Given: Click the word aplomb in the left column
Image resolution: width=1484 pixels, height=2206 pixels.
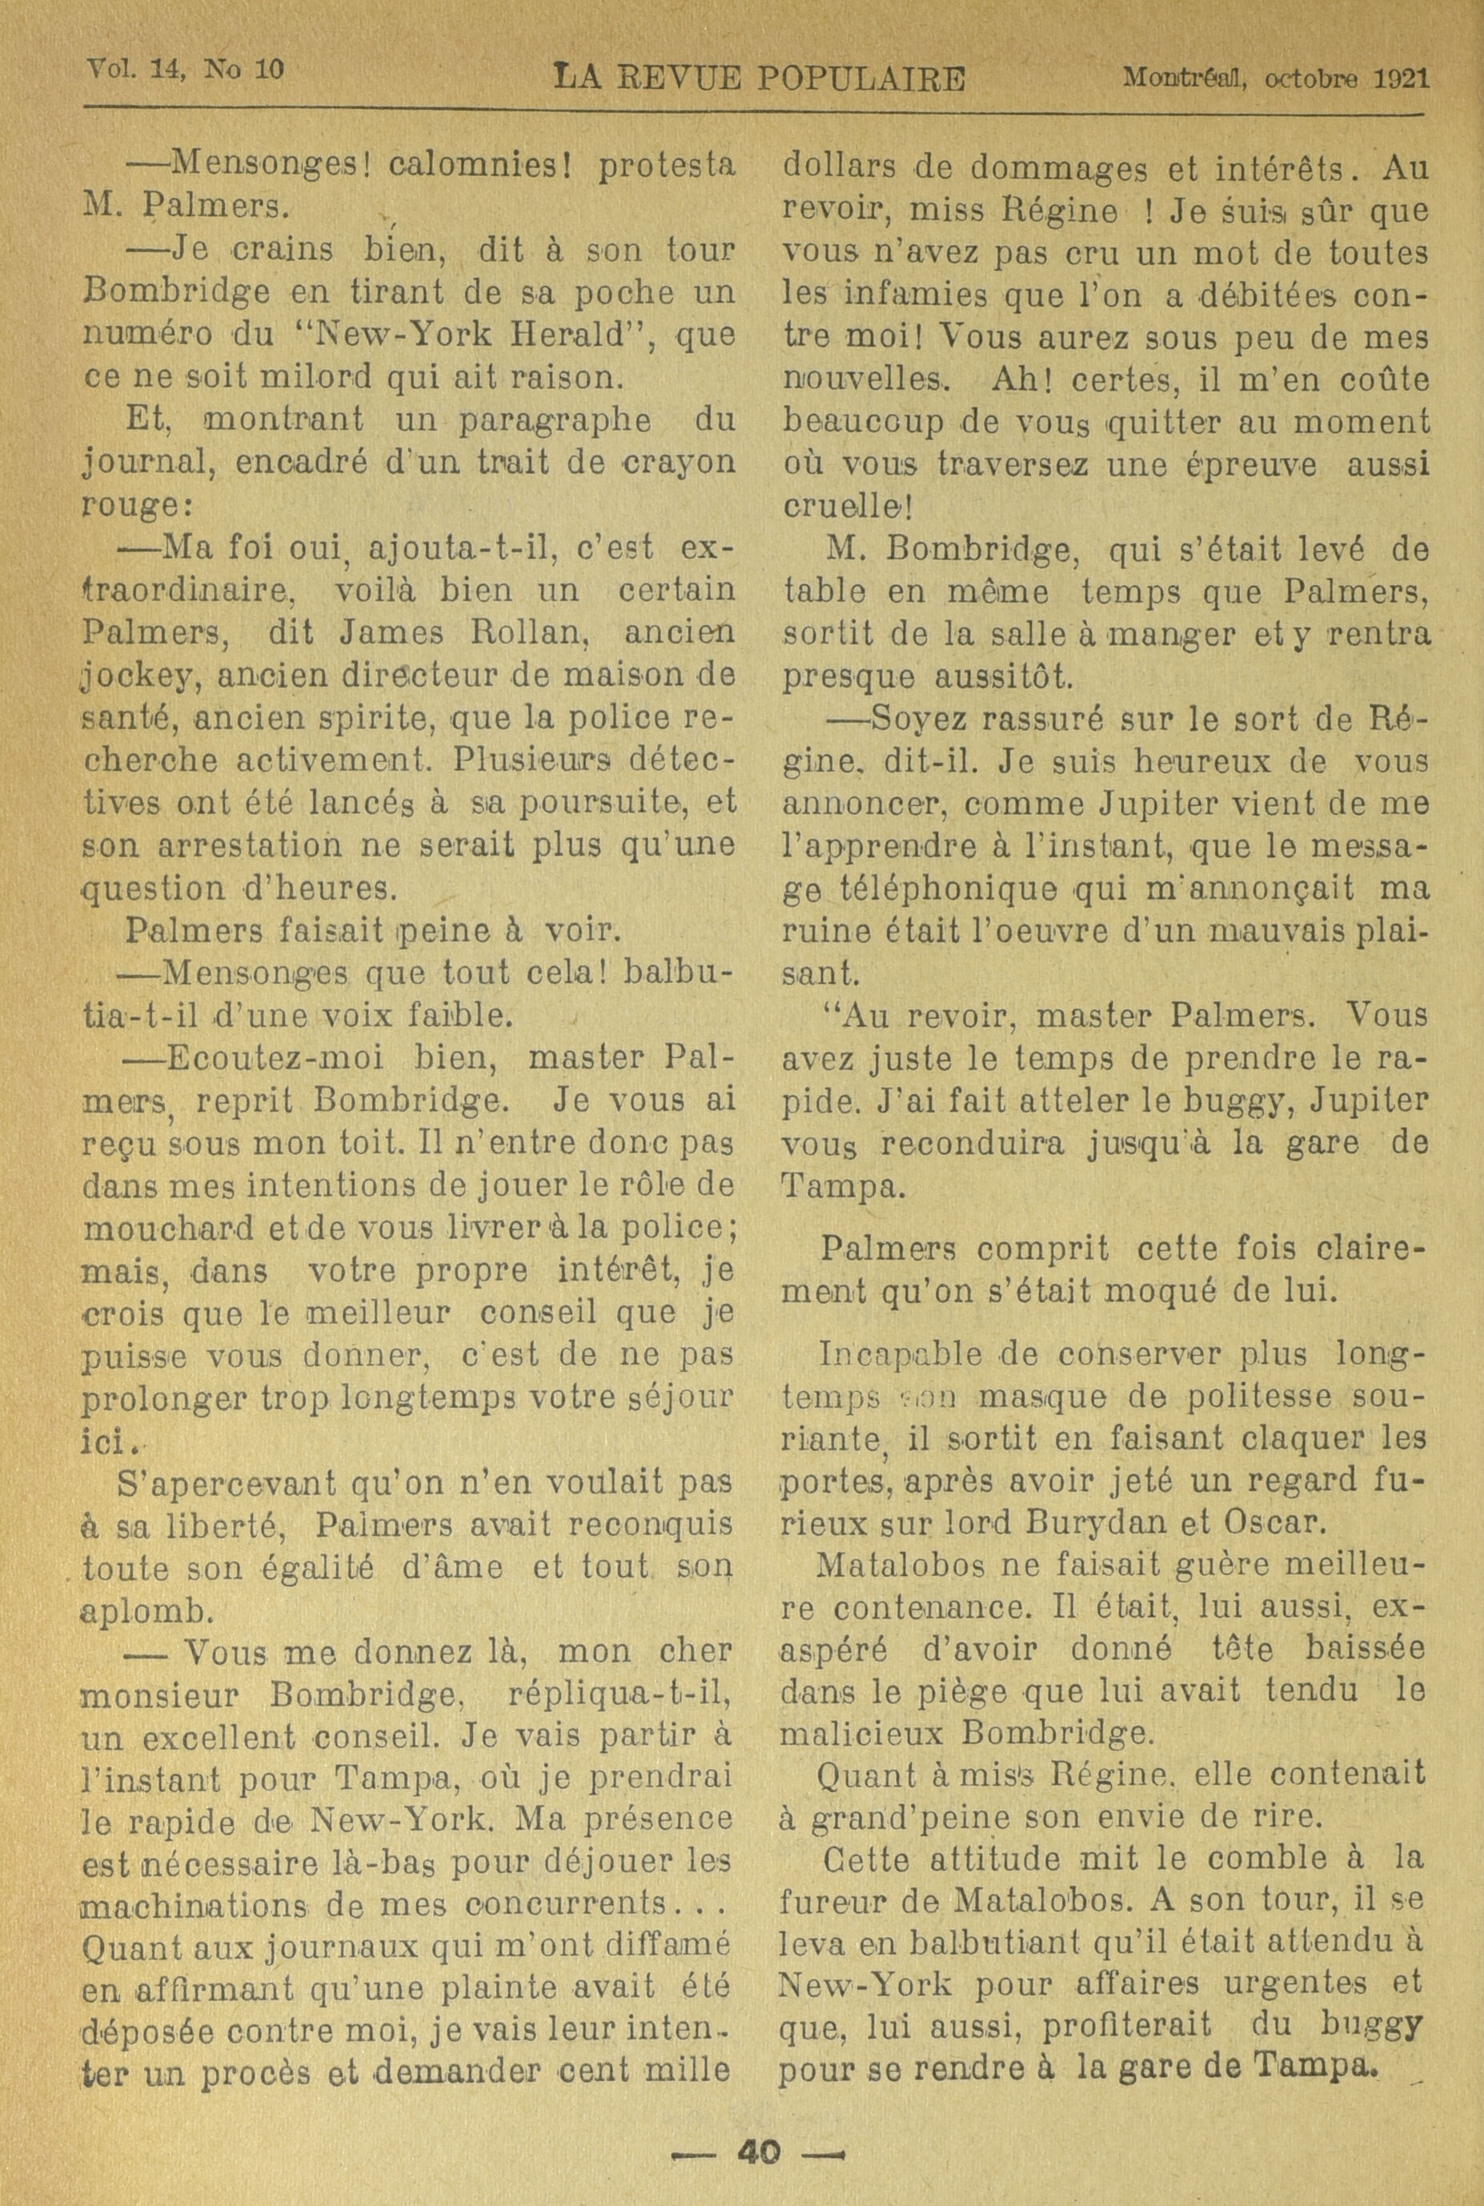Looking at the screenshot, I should pyautogui.click(x=145, y=1611).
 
